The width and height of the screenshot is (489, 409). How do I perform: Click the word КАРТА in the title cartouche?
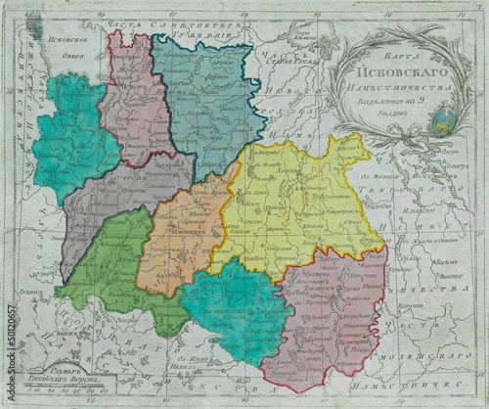click(401, 46)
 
